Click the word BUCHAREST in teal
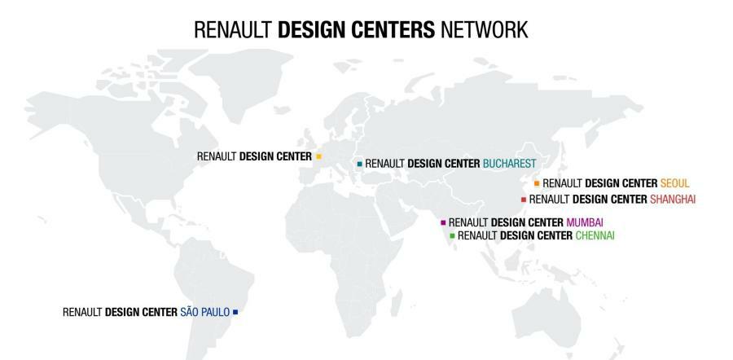click(x=509, y=164)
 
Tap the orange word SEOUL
click(x=675, y=183)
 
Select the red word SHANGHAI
click(x=673, y=199)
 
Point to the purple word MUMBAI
click(x=585, y=222)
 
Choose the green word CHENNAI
click(x=595, y=235)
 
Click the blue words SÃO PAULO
click(x=204, y=312)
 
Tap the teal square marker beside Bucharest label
click(x=359, y=164)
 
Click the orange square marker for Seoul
click(x=536, y=183)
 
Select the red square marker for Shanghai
click(x=523, y=199)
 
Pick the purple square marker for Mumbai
click(x=443, y=222)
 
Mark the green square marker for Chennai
click(x=452, y=235)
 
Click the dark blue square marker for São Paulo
click(x=235, y=312)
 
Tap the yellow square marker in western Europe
click(x=318, y=156)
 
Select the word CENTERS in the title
click(x=393, y=30)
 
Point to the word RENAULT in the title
click(x=234, y=30)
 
